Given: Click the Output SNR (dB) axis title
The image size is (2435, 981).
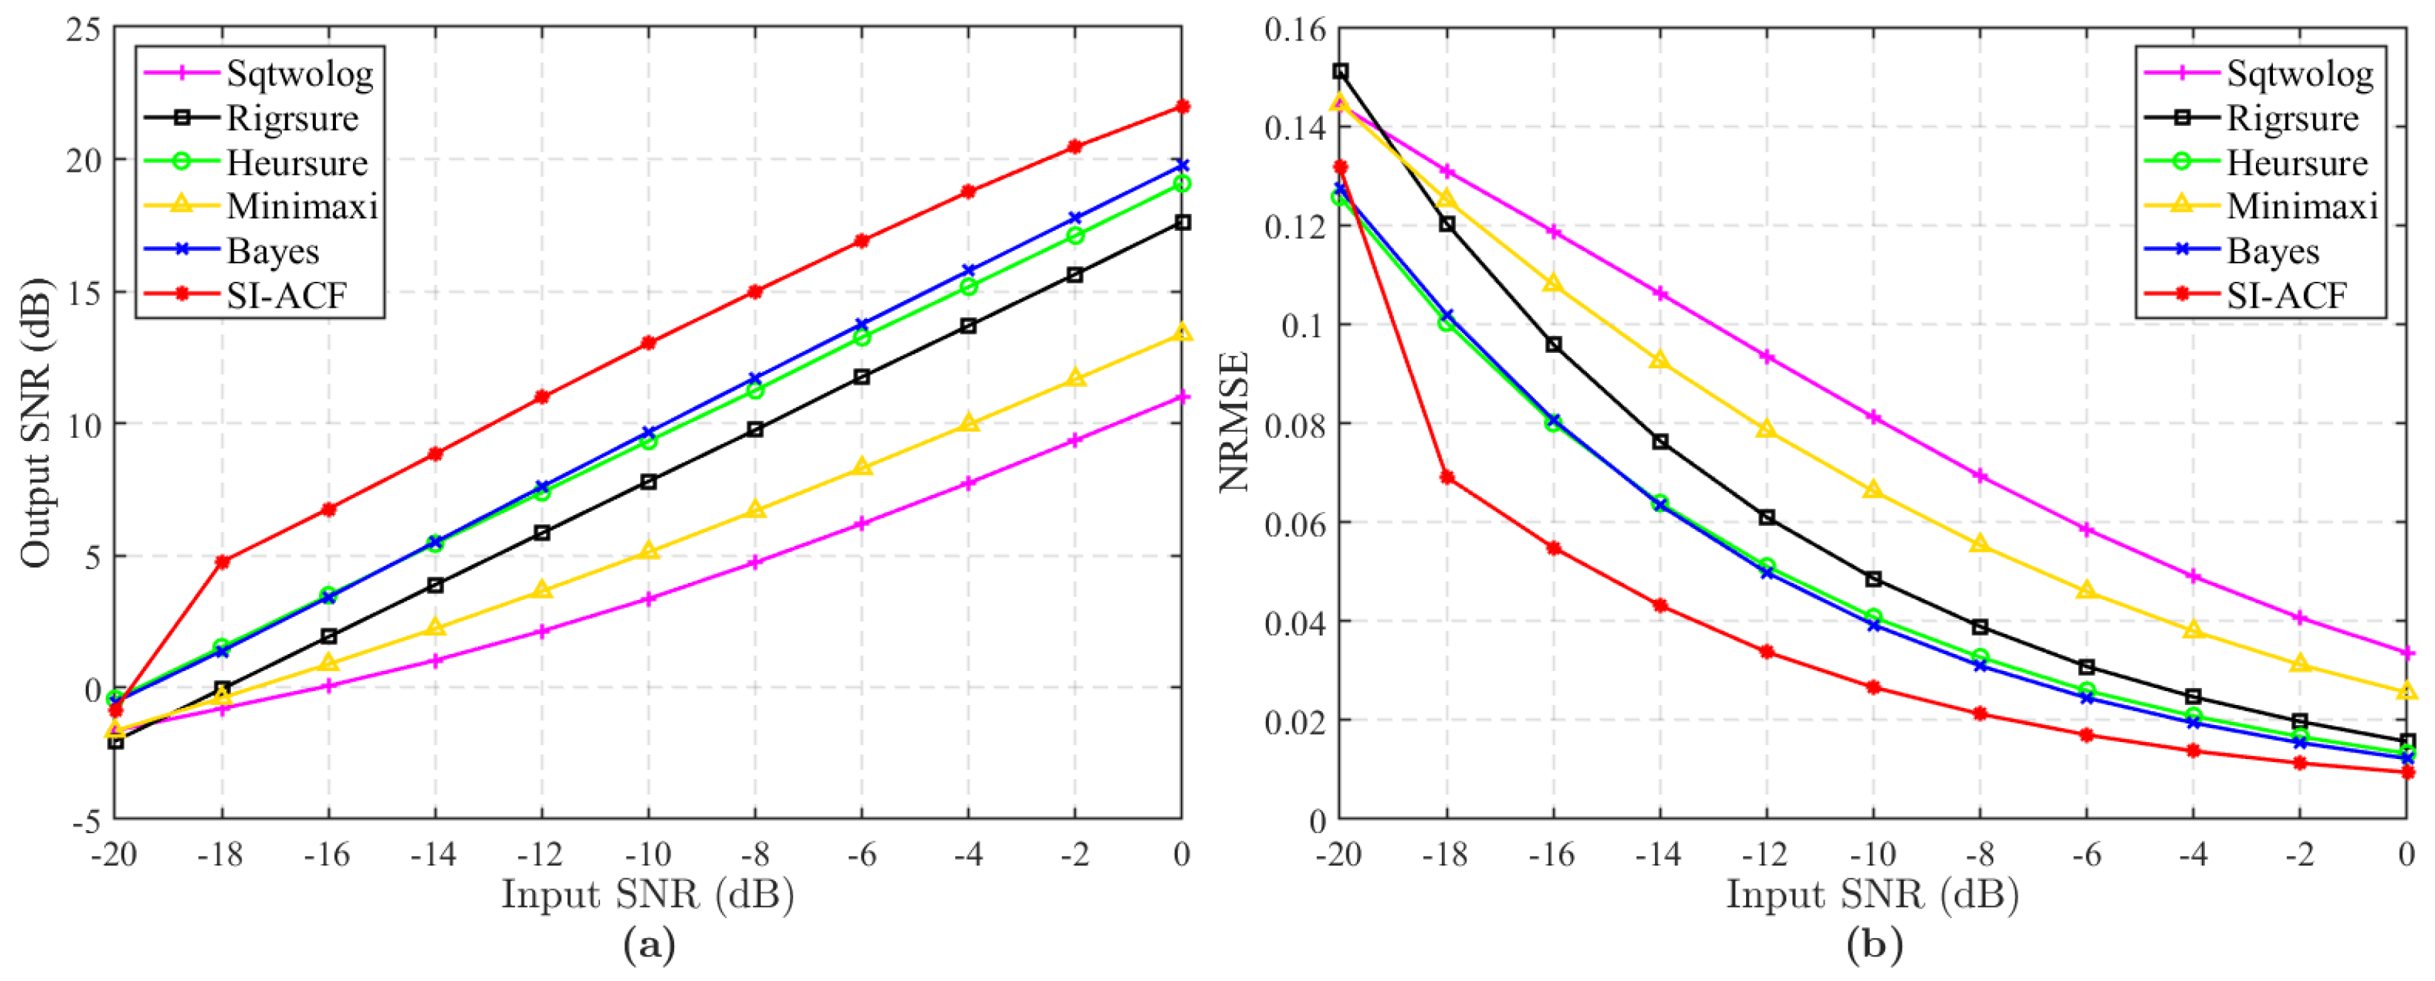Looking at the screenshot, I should pos(36,422).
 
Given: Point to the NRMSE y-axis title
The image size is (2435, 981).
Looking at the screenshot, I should pos(1233,422).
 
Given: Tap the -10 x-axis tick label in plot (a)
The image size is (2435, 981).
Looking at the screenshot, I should pos(647,854).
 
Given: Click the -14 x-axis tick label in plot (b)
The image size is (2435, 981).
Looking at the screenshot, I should pos(1659,854).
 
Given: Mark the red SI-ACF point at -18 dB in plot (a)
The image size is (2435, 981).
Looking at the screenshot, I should pos(222,562).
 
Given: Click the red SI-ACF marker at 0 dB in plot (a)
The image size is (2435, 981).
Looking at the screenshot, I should pos(1182,106).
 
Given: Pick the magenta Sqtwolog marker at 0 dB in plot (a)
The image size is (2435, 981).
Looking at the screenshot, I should pos(1182,397).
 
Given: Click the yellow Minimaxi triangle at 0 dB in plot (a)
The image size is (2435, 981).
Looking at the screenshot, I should pos(1182,333).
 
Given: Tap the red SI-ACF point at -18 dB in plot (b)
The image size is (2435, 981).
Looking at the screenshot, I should pos(1446,477).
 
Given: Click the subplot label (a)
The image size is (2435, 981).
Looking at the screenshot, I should pos(648,945).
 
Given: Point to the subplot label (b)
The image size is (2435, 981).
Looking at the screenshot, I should pos(1873,945).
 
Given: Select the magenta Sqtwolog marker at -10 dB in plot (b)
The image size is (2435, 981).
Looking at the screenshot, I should pos(1873,417).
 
